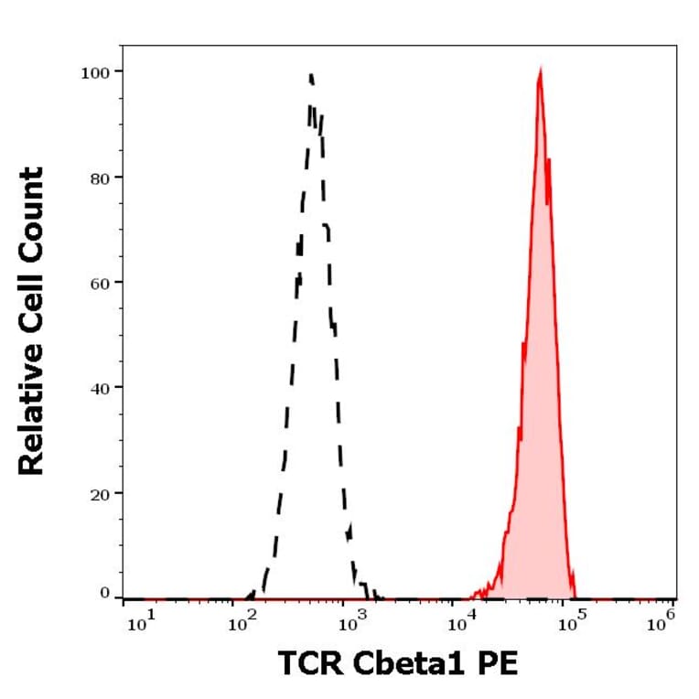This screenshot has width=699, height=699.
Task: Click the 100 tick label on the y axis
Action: tap(96, 71)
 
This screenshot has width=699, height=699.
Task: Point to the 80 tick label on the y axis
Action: tap(100, 177)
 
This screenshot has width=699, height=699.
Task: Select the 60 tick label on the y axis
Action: tap(100, 282)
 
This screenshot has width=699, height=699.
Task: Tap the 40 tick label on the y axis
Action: tap(100, 388)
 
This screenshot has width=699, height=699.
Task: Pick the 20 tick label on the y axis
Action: tap(100, 493)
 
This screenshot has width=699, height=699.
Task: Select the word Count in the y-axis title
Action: tap(32, 204)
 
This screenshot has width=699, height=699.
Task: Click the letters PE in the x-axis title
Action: tap(499, 663)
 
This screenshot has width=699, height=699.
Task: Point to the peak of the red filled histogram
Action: tap(541, 70)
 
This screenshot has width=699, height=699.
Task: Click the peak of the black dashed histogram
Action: tap(311, 75)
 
